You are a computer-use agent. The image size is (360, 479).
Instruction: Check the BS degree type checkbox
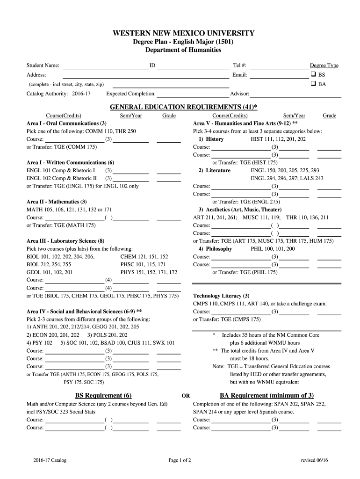click(313, 75)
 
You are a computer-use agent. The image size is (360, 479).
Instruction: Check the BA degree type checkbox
click(313, 84)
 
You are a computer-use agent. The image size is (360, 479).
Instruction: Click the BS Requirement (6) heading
click(103, 395)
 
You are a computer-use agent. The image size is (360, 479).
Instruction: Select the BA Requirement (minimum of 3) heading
click(266, 395)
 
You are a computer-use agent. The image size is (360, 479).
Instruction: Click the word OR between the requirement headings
click(186, 396)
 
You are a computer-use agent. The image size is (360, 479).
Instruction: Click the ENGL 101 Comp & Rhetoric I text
click(61, 170)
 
